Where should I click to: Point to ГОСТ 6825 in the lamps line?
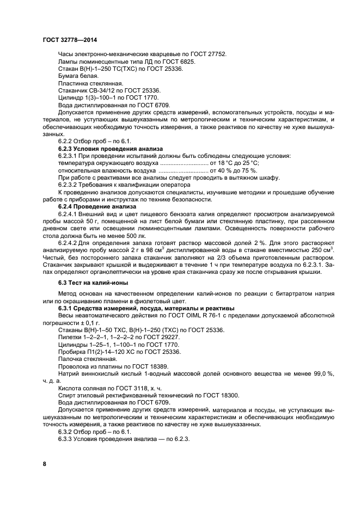point(178,62)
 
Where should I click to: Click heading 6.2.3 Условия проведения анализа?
point(108,148)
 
